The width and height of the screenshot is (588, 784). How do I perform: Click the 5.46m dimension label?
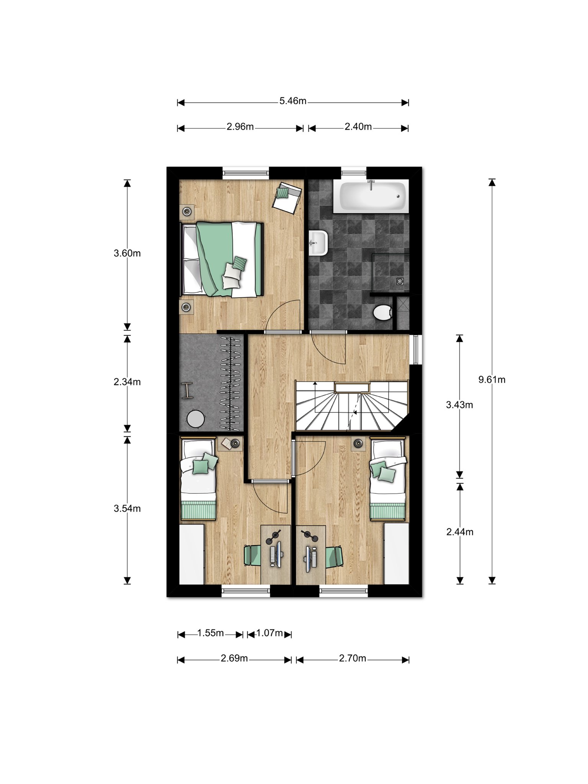pyautogui.click(x=293, y=101)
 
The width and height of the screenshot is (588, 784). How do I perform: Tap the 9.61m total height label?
pyautogui.click(x=492, y=379)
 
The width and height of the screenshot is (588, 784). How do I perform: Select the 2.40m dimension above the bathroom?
pyautogui.click(x=358, y=127)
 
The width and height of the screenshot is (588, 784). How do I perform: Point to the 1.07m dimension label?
pyautogui.click(x=269, y=633)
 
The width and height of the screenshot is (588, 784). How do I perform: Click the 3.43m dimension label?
pyautogui.click(x=459, y=405)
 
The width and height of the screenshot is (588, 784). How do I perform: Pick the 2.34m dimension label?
pyautogui.click(x=127, y=382)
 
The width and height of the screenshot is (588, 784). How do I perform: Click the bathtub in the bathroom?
pyautogui.click(x=370, y=196)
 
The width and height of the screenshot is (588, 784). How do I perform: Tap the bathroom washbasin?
pyautogui.click(x=318, y=243)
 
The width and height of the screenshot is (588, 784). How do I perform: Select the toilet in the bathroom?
pyautogui.click(x=383, y=312)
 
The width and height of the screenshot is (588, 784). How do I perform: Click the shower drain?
pyautogui.click(x=400, y=281)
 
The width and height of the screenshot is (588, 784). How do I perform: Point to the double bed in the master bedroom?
pyautogui.click(x=221, y=260)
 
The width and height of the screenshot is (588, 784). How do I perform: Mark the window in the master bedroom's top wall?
pyautogui.click(x=246, y=173)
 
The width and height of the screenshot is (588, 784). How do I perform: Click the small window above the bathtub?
pyautogui.click(x=354, y=173)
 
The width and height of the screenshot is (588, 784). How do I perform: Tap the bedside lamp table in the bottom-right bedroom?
pyautogui.click(x=359, y=443)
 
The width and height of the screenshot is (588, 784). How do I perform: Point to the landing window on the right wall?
pyautogui.click(x=415, y=350)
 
